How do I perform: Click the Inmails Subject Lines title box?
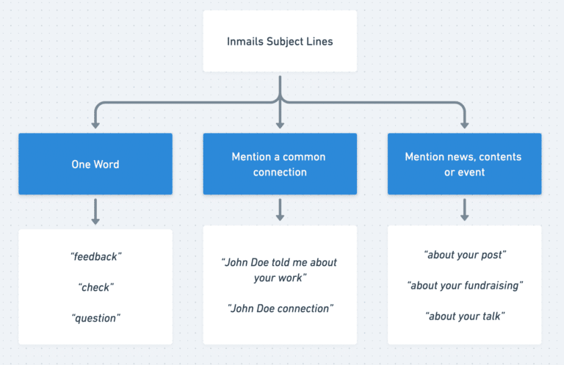coord(280,41)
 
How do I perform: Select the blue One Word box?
coord(95,164)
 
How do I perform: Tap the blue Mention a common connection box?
coord(280,164)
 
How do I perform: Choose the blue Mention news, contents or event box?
coord(464,164)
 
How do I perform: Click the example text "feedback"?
coord(95,256)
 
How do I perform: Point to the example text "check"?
coord(95,287)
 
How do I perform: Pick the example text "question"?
coord(95,318)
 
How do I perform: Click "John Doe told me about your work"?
coord(280,270)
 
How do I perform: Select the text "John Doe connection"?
coord(280,308)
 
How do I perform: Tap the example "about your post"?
coord(464,255)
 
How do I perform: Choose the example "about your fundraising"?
coord(464,285)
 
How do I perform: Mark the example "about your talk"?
coord(464,316)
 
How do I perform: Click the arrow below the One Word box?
coord(95,212)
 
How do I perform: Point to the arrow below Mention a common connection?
coord(280,210)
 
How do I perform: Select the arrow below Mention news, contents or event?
coord(464,210)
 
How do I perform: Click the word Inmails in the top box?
coord(245,41)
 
